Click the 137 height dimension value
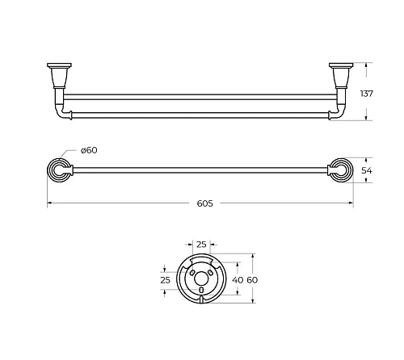(367, 94)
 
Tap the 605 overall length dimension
(204, 203)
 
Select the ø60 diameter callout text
(89, 150)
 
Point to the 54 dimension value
(367, 170)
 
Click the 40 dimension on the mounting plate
(238, 280)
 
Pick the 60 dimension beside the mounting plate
(252, 280)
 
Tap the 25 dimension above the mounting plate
(201, 245)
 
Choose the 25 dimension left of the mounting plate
(165, 280)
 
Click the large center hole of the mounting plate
(201, 278)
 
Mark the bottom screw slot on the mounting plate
(201, 290)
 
